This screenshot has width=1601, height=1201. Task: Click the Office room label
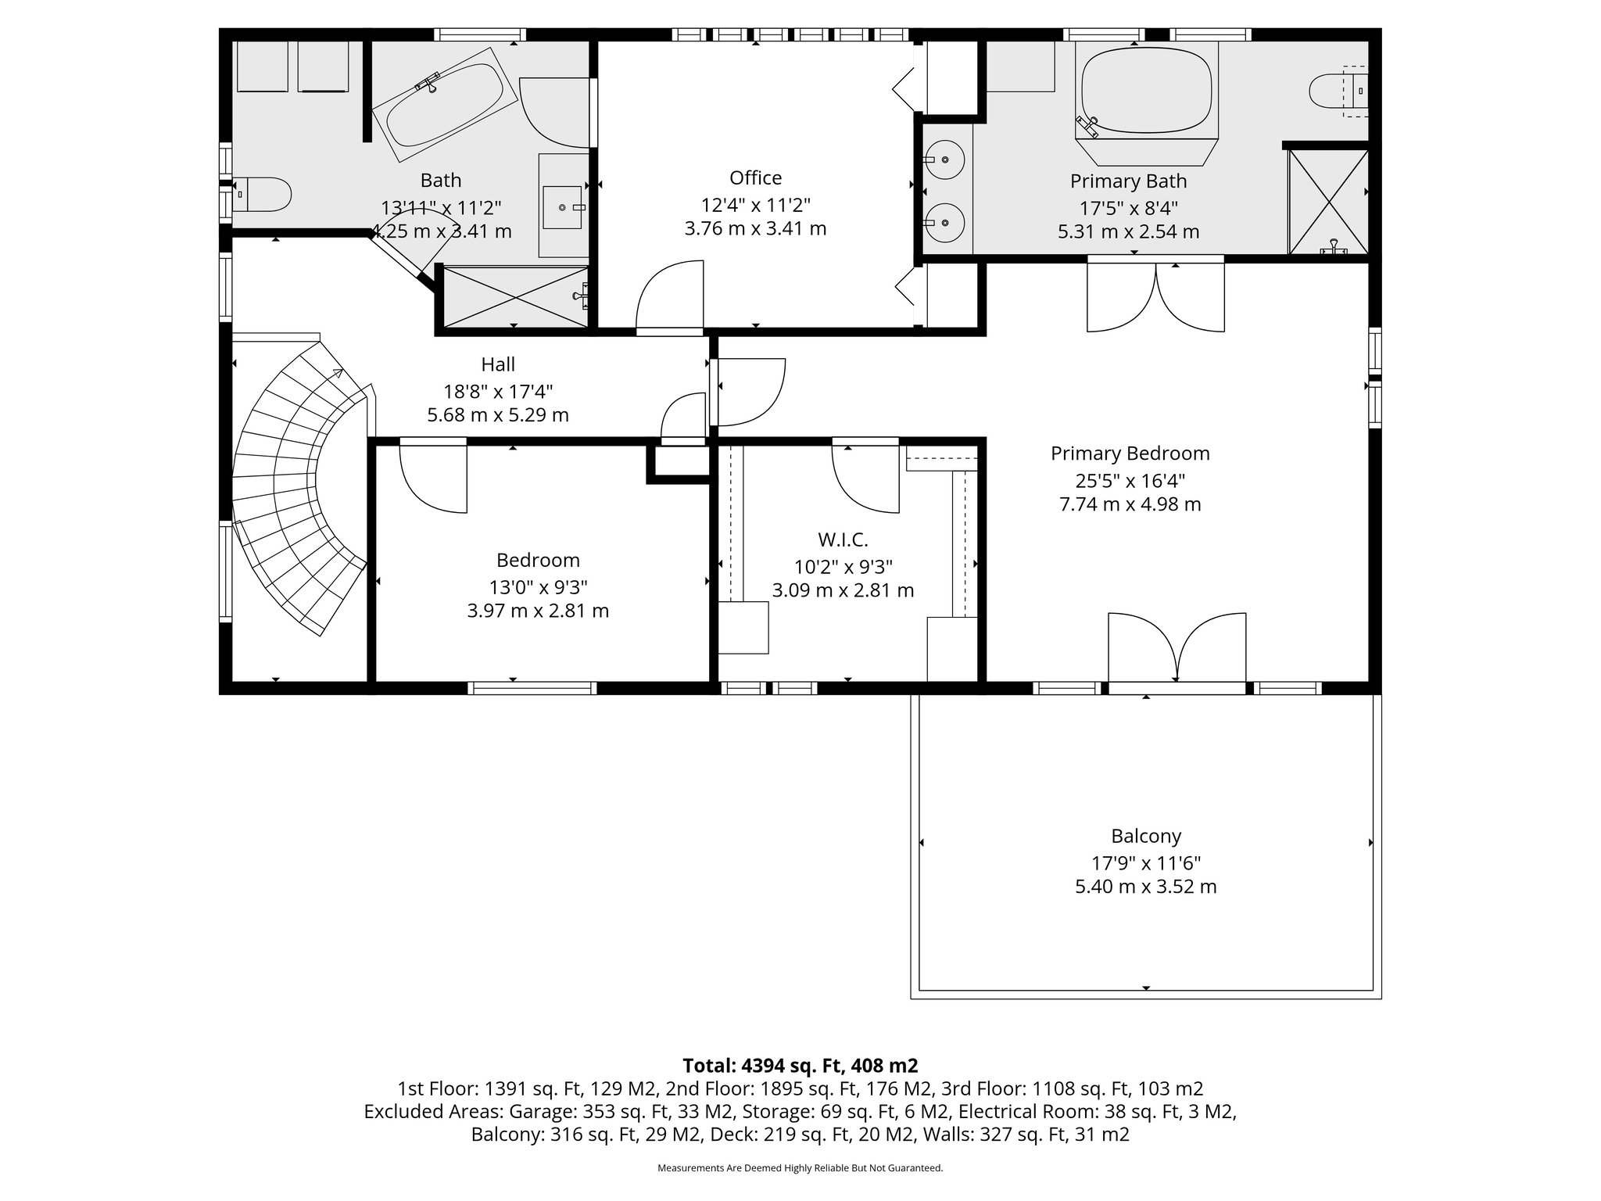point(755,178)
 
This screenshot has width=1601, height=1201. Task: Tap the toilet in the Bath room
point(263,193)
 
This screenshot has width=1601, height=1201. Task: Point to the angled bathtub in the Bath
point(444,104)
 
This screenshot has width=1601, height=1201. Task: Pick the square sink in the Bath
point(562,207)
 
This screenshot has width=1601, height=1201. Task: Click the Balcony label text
point(1146,836)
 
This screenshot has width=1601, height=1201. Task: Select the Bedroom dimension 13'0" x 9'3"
point(538,586)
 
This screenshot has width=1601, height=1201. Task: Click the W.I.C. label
point(843,540)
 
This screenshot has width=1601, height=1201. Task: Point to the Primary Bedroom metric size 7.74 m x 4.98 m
point(1130,504)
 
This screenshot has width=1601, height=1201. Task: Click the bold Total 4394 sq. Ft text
point(800,1065)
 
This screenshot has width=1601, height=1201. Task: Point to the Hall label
point(498,364)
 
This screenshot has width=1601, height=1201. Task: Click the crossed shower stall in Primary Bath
point(1327,201)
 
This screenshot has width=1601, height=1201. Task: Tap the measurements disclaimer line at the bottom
point(800,1168)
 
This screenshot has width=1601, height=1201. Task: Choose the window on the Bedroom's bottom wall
point(532,688)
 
